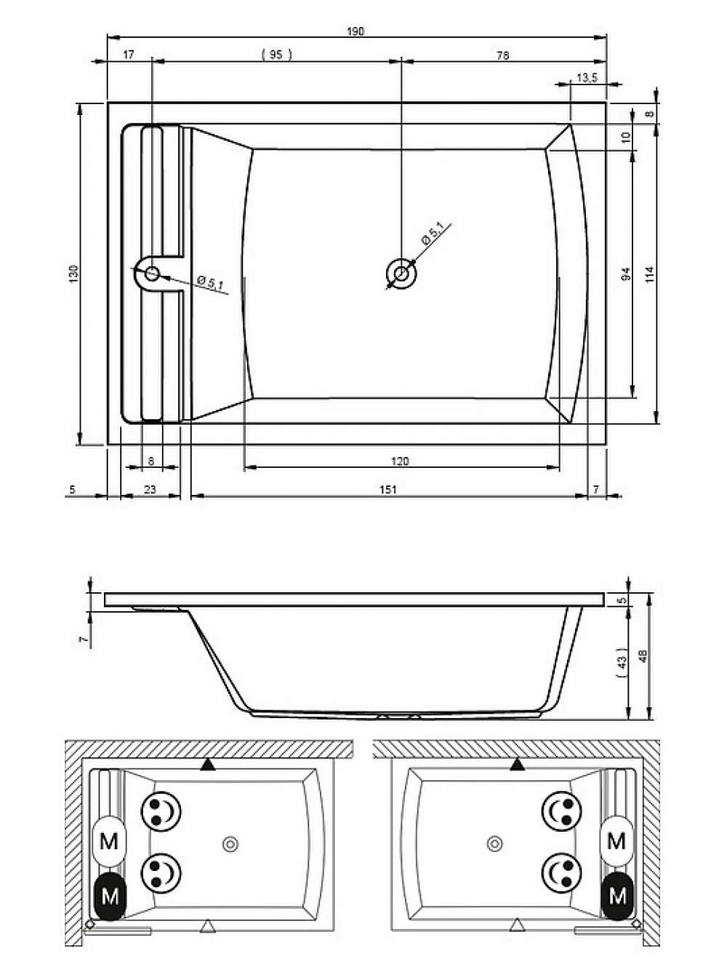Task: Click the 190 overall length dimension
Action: coord(356,31)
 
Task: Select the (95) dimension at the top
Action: coord(276,55)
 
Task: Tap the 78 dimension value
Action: coord(503,55)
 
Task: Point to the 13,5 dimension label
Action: coord(587,78)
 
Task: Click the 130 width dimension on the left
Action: coord(73,274)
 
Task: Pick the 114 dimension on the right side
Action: coord(650,274)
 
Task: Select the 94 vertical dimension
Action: coord(626,274)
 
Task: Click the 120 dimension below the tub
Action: coord(400,461)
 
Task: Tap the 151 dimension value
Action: coord(387,490)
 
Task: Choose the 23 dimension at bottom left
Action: coord(150,490)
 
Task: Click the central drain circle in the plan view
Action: coord(401,273)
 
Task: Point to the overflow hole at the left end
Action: coord(152,274)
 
